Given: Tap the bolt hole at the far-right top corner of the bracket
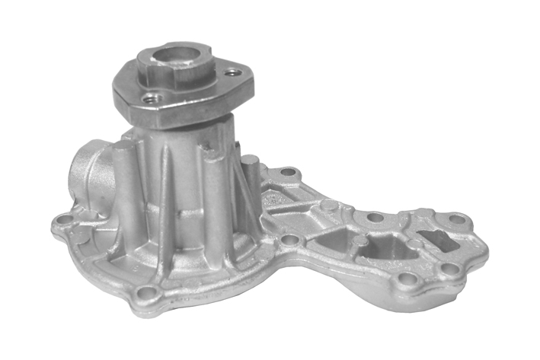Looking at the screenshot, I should tap(456, 219).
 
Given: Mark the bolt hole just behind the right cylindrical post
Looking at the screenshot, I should tap(287, 172).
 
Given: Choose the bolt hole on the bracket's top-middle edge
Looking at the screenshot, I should tap(375, 217).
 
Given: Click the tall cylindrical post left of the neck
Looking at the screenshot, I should tap(124, 183).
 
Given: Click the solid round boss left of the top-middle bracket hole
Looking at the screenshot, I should tap(329, 204).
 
